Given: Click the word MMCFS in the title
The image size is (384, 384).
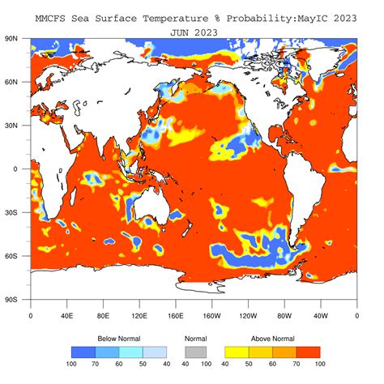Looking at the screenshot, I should click(x=49, y=16).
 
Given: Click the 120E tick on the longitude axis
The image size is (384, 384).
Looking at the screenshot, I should click(x=139, y=316).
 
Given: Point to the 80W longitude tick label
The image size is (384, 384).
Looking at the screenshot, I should click(x=284, y=316).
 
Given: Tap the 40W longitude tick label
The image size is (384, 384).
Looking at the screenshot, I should click(x=321, y=316).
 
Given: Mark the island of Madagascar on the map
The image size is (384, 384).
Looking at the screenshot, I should click(x=73, y=197).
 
